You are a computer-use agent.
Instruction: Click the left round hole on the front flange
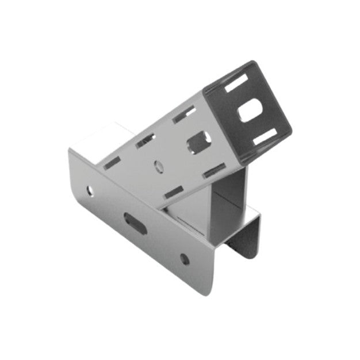89,190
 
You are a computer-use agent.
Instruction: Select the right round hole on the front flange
184,259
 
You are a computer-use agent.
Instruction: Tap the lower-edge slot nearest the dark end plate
214,169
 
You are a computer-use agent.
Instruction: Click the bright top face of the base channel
95,138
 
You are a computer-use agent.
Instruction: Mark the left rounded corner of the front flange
71,154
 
